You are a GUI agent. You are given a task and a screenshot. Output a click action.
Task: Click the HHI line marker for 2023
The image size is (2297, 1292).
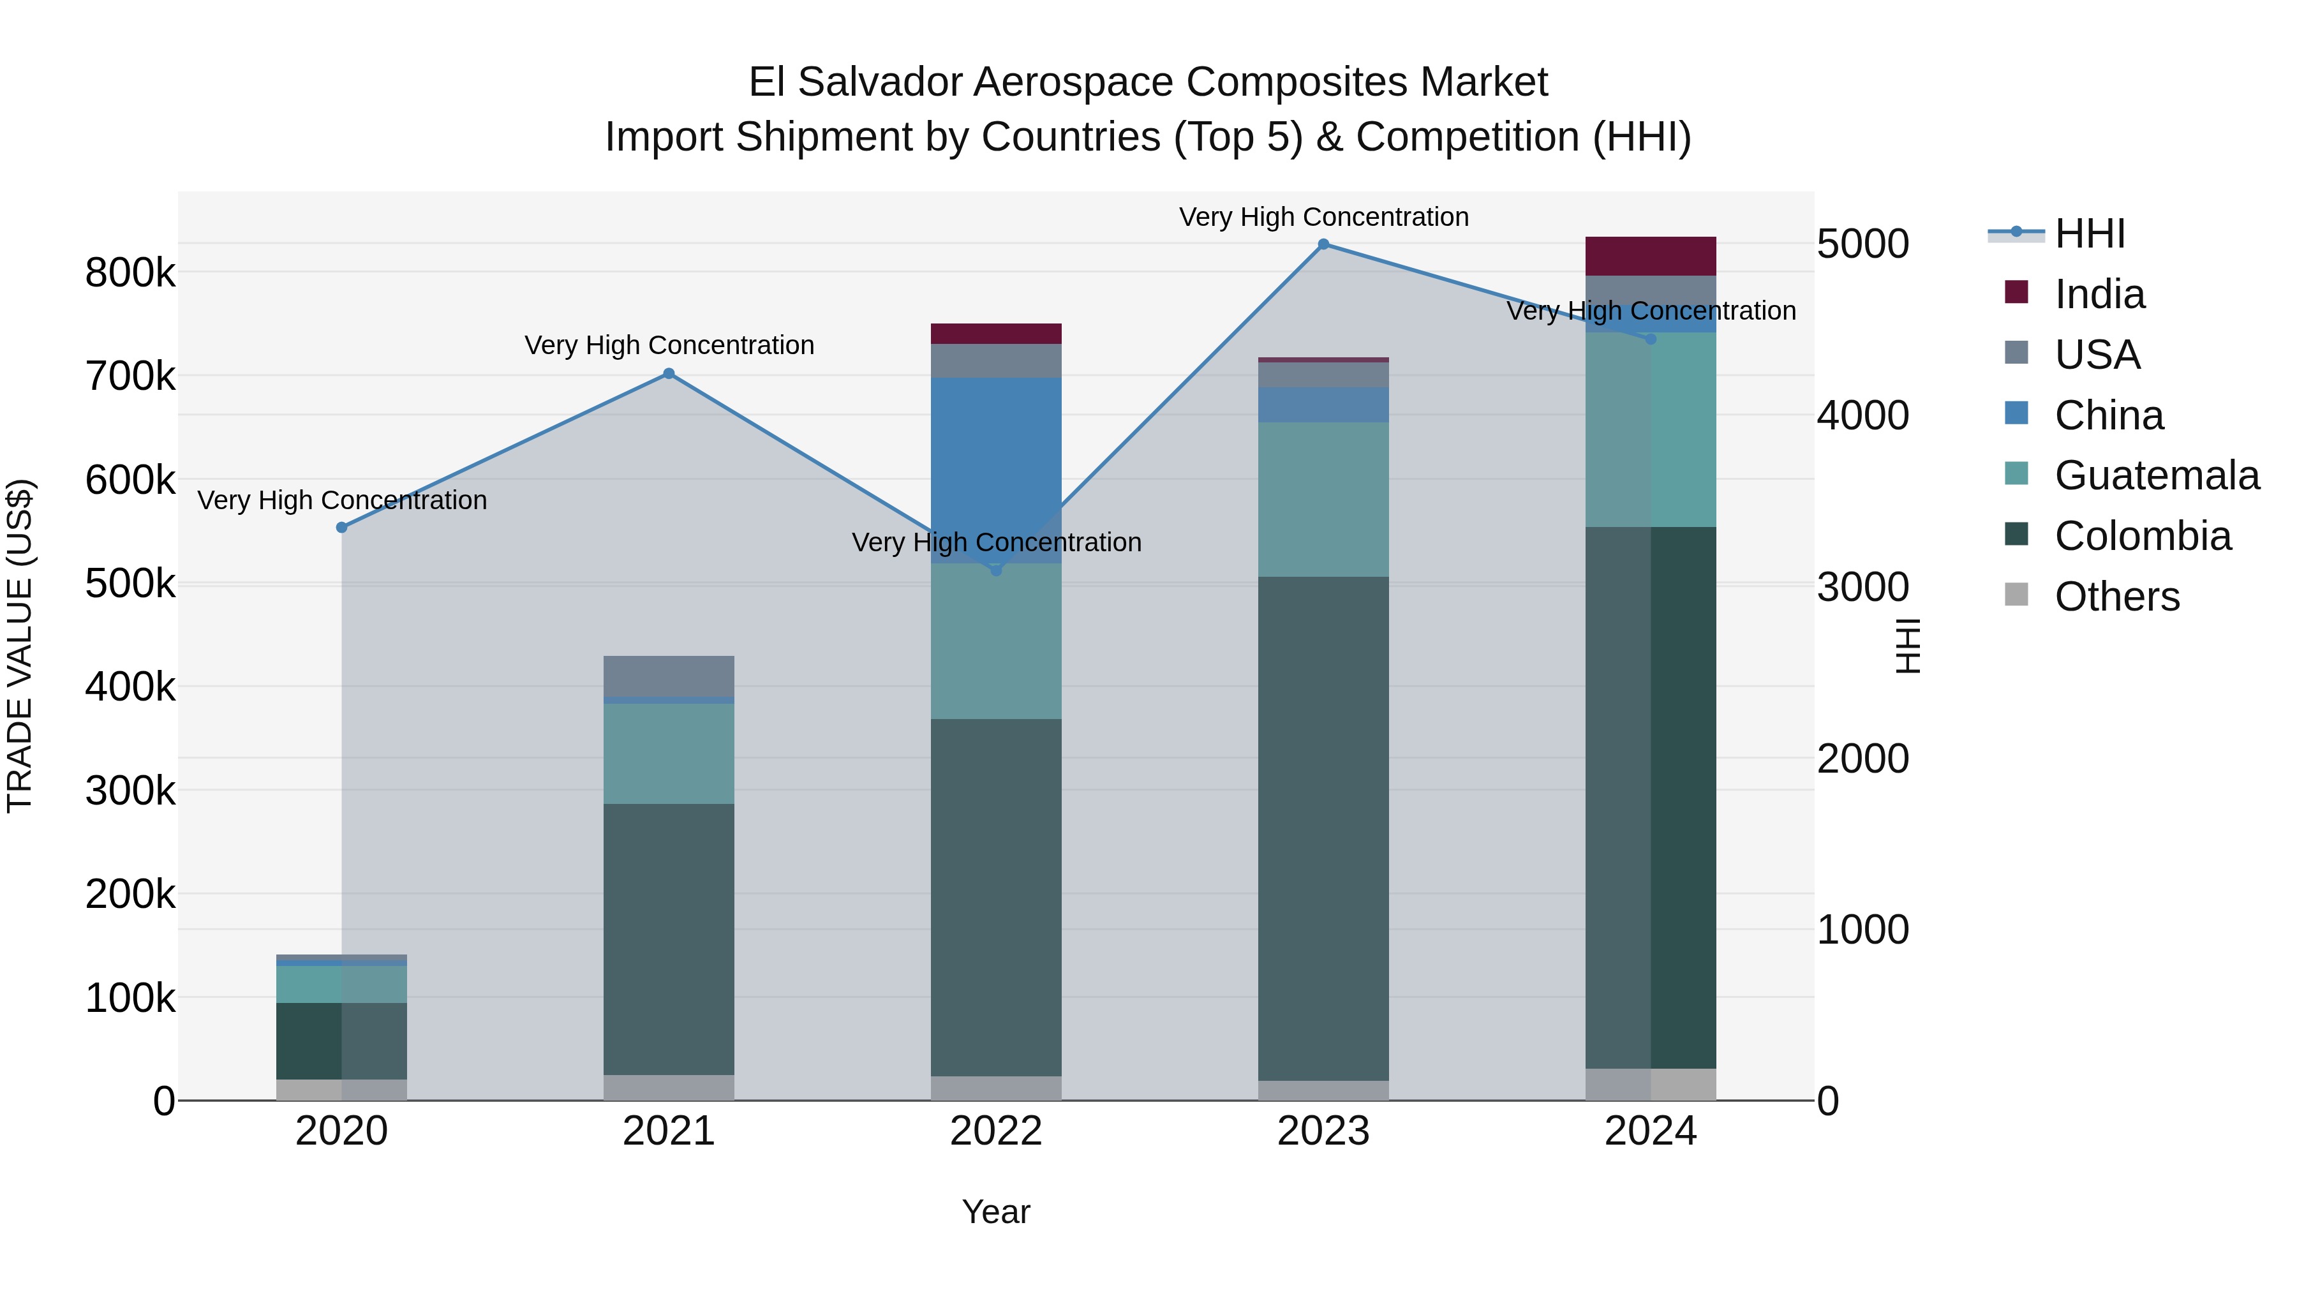(x=1323, y=244)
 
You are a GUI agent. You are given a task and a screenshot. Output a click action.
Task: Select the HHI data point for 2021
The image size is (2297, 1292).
(x=669, y=374)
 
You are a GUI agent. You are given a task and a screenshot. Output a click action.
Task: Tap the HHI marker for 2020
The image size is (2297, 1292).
(x=341, y=528)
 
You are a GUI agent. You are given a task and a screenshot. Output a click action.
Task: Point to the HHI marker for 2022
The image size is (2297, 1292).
(x=996, y=570)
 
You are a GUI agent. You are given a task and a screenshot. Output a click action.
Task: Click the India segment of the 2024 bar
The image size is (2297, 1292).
(x=1651, y=256)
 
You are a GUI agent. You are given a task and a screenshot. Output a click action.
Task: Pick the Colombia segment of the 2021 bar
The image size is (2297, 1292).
(x=669, y=939)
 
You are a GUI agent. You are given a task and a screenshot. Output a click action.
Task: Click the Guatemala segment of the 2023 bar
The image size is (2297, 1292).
(x=1323, y=500)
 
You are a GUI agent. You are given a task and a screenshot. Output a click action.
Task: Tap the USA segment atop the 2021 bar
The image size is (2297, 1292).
(x=669, y=676)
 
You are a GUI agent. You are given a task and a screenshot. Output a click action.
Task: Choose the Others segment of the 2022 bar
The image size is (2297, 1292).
(x=996, y=1088)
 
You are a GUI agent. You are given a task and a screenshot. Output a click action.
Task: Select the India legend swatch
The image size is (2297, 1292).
(x=2016, y=292)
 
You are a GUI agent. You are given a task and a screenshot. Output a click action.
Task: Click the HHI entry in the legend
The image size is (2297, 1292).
(x=2089, y=234)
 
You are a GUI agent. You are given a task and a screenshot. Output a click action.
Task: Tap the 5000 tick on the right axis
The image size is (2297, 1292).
(x=1862, y=244)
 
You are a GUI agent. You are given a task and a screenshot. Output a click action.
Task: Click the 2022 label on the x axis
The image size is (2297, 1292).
(x=996, y=1131)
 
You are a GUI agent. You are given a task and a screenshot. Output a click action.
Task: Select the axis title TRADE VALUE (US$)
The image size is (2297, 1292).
(x=20, y=646)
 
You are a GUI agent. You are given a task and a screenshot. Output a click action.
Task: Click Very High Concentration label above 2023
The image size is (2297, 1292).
(x=1323, y=218)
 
